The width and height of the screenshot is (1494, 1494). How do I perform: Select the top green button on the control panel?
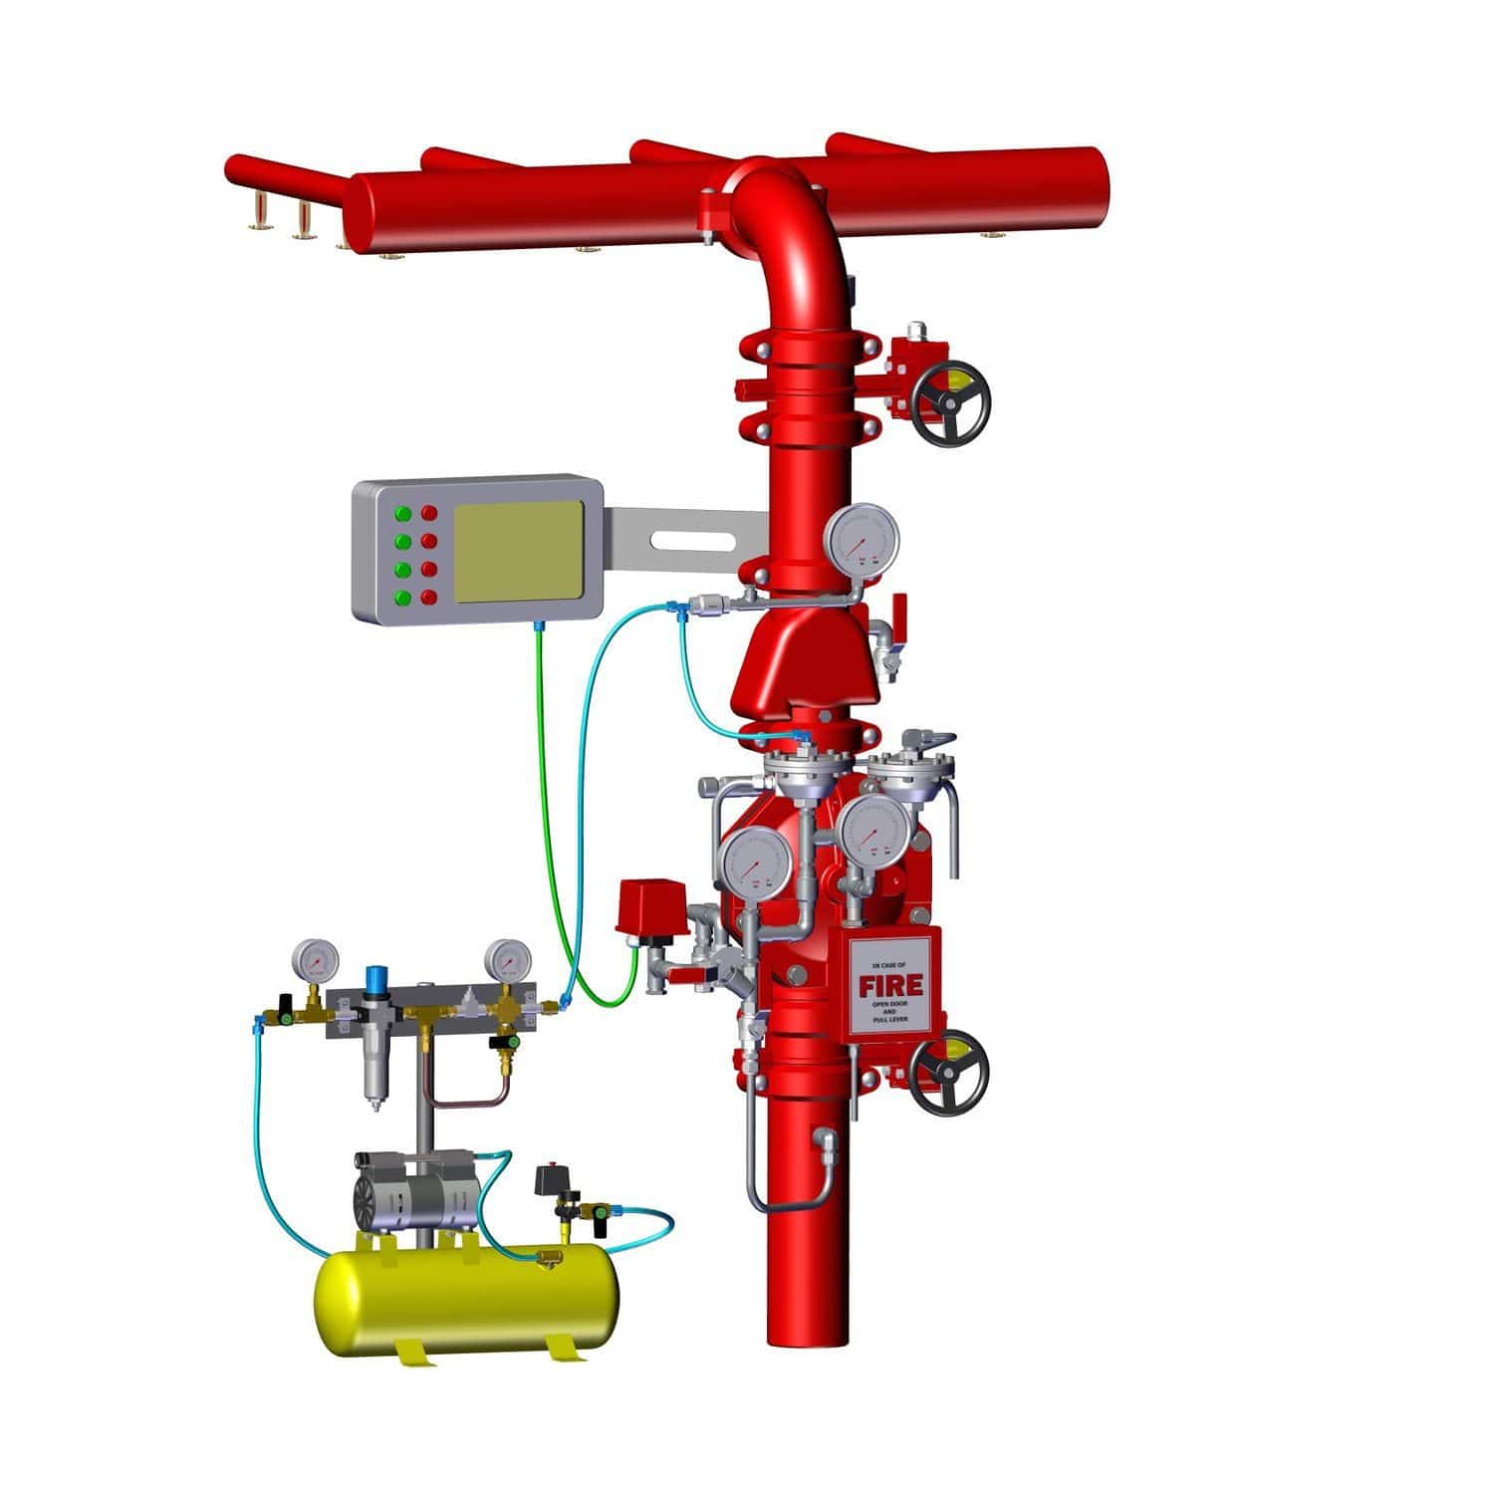click(403, 514)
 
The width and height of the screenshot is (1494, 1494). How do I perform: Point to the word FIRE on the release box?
click(890, 985)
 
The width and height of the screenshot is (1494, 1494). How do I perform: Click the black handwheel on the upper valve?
click(952, 407)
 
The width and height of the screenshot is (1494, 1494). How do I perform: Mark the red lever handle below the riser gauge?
click(899, 607)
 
